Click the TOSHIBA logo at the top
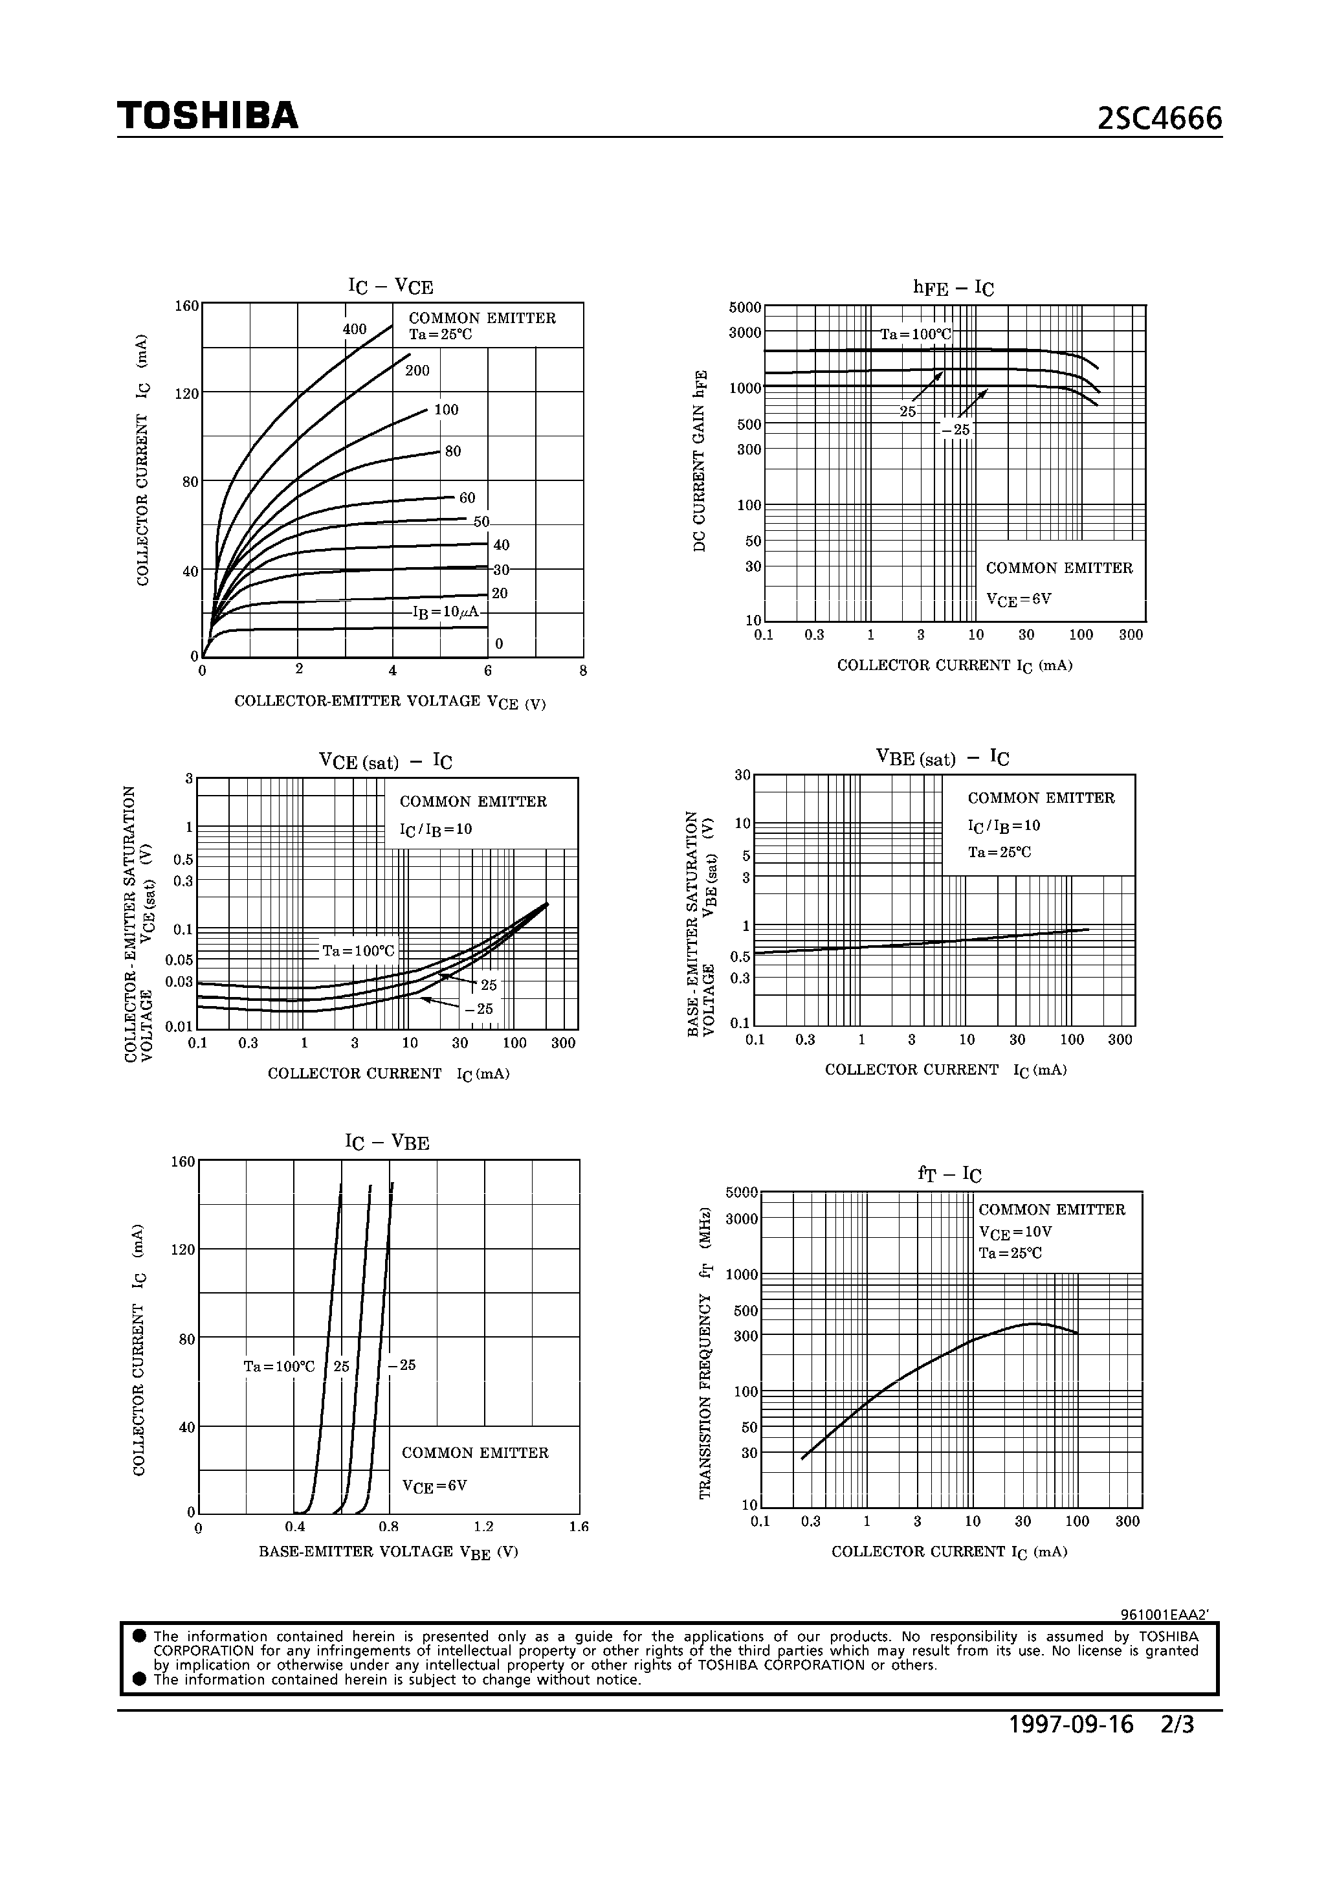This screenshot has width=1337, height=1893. click(208, 117)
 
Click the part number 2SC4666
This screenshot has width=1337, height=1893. click(1159, 120)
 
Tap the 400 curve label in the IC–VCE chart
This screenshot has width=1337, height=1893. click(355, 330)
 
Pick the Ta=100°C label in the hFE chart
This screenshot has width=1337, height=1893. click(915, 334)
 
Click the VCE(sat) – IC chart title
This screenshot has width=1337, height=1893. click(386, 761)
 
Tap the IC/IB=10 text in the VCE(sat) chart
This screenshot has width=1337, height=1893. click(436, 829)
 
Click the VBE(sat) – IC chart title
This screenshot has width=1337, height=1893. click(942, 757)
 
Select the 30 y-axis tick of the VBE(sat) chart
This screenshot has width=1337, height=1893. click(743, 776)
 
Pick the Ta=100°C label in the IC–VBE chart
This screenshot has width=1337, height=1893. click(280, 1366)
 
